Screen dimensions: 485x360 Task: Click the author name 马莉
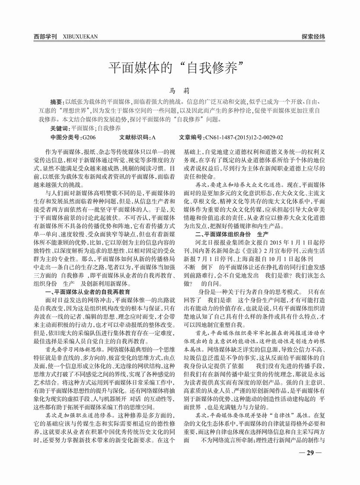pyautogui.click(x=180, y=91)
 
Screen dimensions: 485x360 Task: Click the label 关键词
pyautogui.click(x=60, y=128)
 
